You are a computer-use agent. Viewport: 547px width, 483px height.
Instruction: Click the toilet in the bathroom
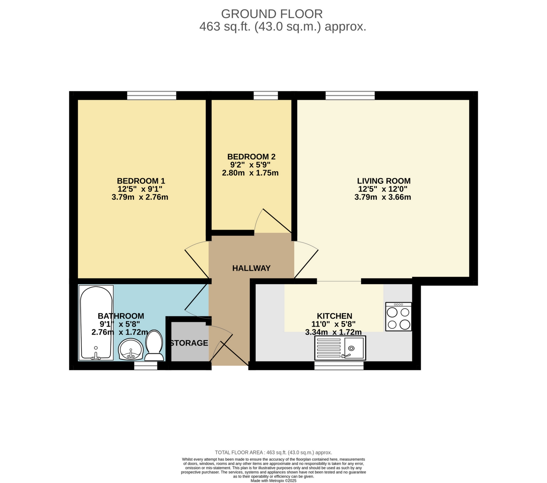154,345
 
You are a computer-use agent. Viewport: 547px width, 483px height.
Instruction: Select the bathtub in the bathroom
96,322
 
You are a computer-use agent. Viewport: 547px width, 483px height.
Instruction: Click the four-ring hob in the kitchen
398,316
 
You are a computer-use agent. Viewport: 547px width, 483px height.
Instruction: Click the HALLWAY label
251,268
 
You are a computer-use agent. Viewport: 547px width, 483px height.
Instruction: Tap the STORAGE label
189,343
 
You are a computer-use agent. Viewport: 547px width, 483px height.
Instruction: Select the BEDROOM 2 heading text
251,157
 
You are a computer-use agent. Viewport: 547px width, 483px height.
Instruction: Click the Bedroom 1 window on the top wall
152,95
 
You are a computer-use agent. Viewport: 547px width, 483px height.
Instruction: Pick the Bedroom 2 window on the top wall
266,95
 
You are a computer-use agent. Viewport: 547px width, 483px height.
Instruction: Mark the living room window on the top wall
350,95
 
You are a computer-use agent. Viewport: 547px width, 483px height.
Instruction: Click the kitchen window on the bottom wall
339,366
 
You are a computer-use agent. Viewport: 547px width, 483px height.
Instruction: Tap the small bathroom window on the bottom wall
146,366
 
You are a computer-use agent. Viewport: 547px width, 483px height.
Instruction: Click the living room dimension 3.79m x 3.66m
383,197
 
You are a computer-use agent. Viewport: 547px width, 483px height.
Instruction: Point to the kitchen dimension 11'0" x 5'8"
333,324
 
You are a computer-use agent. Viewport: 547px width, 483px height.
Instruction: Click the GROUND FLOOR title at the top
272,14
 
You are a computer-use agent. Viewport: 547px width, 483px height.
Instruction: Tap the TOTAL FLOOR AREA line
273,452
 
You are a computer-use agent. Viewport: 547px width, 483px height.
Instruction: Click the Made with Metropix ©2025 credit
273,481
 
